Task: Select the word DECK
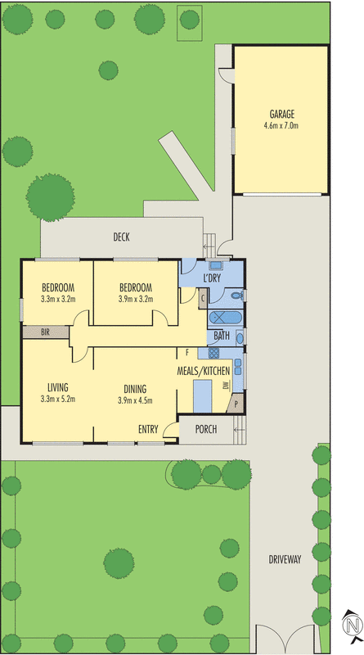[122, 237]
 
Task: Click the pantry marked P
[237, 404]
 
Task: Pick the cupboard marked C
[202, 298]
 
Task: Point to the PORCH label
[206, 429]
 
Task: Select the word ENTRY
[148, 429]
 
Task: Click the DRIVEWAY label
[285, 560]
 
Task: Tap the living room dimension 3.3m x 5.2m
[57, 400]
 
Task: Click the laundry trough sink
[216, 265]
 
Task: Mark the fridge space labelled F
[188, 353]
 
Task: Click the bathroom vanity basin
[240, 337]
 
